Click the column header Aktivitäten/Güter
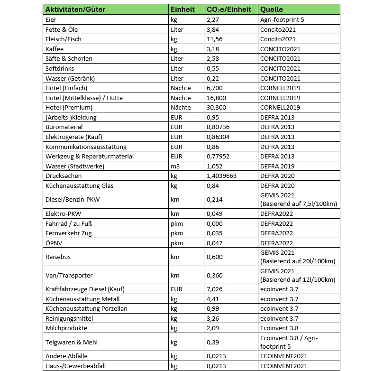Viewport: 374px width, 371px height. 75,9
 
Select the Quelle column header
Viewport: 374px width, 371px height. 272,9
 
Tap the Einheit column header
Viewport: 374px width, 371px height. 182,9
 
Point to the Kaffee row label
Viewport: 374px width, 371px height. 54,49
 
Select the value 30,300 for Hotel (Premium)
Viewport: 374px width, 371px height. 217,107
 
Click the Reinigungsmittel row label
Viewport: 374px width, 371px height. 69,318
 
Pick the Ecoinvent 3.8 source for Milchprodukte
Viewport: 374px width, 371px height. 280,328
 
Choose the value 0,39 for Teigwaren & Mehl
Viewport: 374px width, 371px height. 213,342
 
